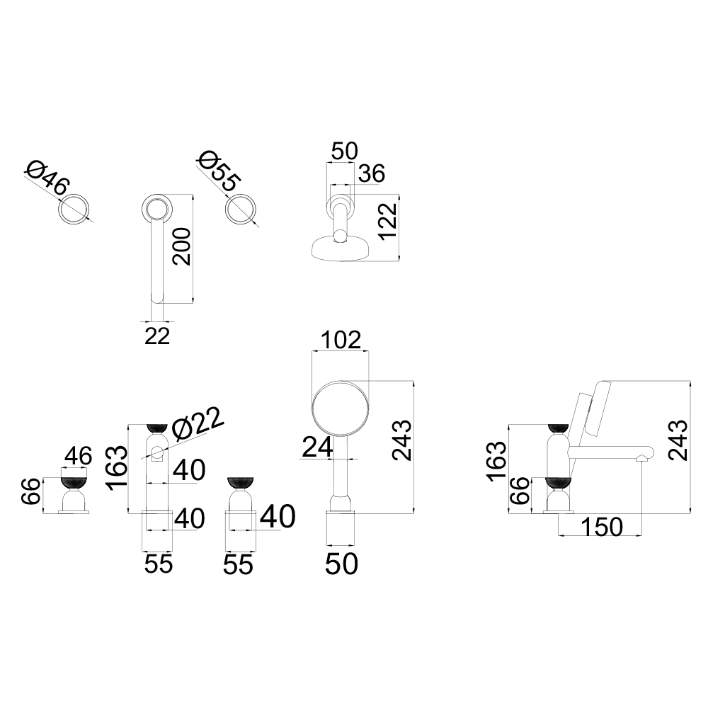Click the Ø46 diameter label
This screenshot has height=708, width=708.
pyautogui.click(x=48, y=178)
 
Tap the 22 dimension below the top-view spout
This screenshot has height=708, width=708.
pyautogui.click(x=157, y=336)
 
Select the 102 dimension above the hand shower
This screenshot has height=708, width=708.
pyautogui.click(x=341, y=340)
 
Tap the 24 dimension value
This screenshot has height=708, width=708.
pyautogui.click(x=317, y=447)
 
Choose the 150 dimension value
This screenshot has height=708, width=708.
pyautogui.click(x=602, y=527)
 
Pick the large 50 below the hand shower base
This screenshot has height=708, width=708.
pyautogui.click(x=342, y=564)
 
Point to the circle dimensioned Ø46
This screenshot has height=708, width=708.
pyautogui.click(x=74, y=210)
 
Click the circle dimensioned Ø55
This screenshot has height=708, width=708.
pyautogui.click(x=241, y=209)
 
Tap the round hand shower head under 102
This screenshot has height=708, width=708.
pyautogui.click(x=341, y=409)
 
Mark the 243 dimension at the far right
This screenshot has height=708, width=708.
pyautogui.click(x=678, y=441)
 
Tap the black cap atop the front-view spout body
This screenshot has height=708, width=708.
pyautogui.click(x=157, y=427)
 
